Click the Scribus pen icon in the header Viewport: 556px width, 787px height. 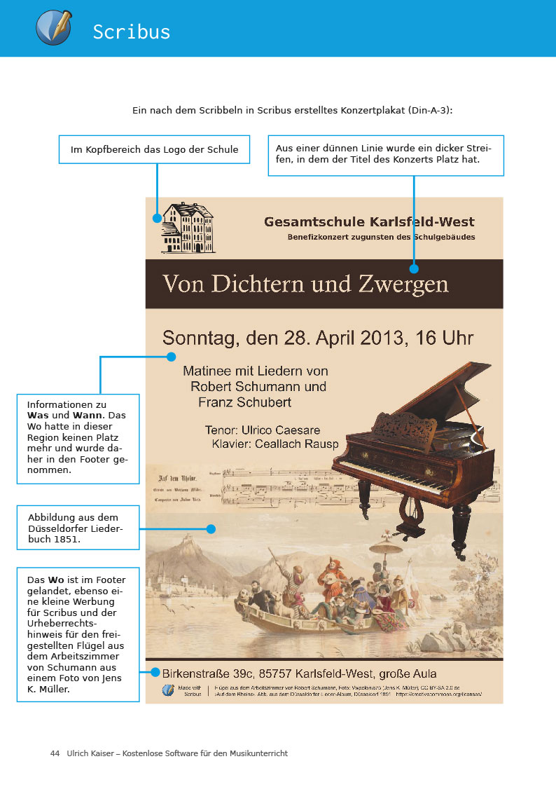[x=53, y=27]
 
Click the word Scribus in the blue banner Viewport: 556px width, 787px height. [x=132, y=32]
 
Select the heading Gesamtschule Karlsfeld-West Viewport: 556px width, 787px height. [x=369, y=222]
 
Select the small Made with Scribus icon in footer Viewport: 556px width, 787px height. [x=168, y=690]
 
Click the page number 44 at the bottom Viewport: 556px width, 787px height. [x=55, y=753]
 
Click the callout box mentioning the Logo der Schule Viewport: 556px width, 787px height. [x=154, y=149]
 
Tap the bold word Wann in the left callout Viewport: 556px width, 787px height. [x=87, y=415]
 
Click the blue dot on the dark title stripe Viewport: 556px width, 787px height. [x=414, y=268]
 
